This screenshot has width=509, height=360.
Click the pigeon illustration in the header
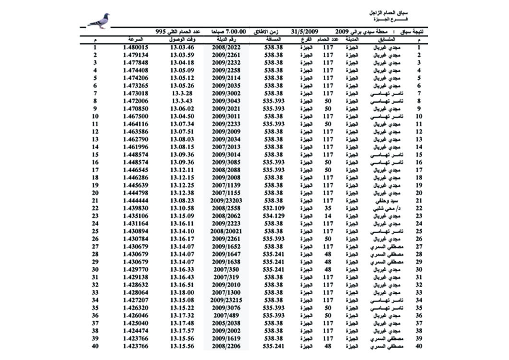tap(100, 21)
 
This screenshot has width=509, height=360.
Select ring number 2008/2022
tap(227, 48)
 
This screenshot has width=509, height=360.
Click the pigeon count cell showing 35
tap(328, 208)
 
